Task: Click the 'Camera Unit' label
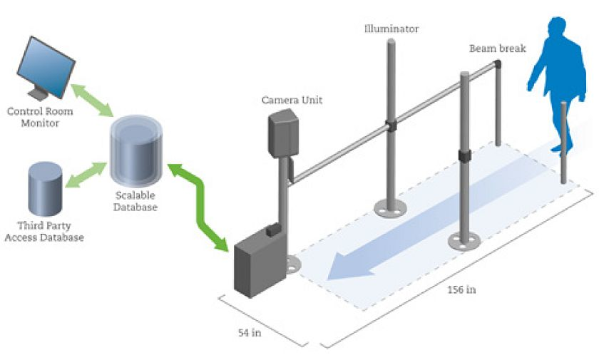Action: coord(292,101)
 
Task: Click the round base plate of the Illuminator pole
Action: coord(389,207)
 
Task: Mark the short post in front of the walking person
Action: coord(565,143)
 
